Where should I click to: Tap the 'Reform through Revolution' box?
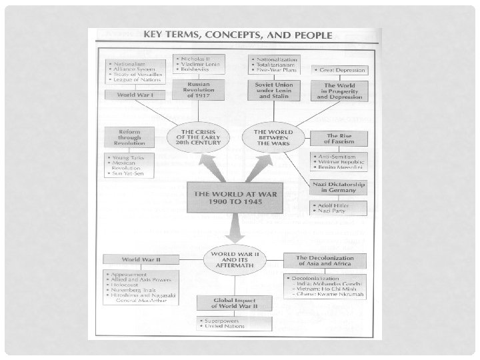click(129, 136)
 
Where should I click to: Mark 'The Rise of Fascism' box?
click(338, 137)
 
